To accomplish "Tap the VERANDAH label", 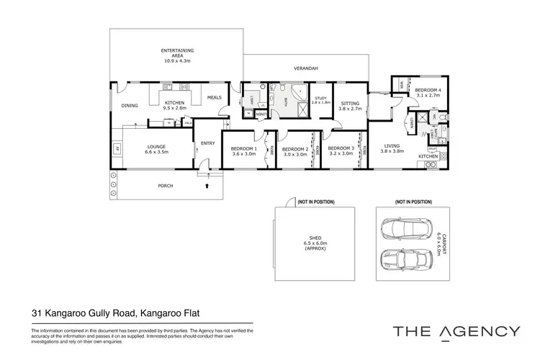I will (306, 68).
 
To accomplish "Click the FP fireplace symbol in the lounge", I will (117, 150).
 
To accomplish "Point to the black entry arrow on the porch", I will (208, 186).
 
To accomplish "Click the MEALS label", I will (214, 98).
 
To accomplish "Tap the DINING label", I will (129, 106).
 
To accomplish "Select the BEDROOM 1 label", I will (243, 148).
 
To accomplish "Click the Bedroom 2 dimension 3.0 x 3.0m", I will (295, 154).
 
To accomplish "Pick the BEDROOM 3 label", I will (341, 148).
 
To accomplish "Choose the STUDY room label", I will (320, 99).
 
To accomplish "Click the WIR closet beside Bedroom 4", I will (400, 86).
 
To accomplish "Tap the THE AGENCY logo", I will (456, 331).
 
